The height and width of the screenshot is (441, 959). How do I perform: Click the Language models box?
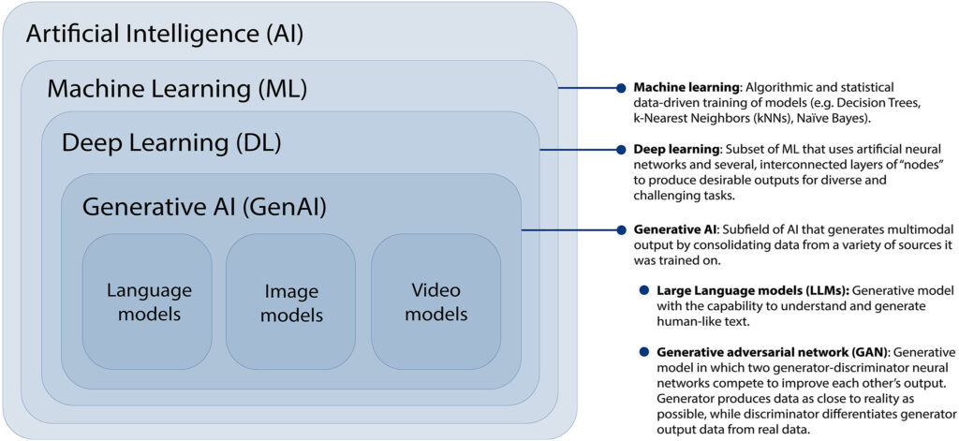[x=149, y=300]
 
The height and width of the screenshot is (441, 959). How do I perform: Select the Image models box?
[x=291, y=301]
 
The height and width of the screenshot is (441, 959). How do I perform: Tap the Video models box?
[x=435, y=300]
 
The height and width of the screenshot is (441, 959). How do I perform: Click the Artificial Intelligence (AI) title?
[x=165, y=35]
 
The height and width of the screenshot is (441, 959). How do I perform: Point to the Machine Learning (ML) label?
[x=177, y=89]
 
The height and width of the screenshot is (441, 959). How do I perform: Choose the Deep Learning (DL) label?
[x=171, y=143]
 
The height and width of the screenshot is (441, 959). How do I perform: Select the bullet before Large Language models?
[x=643, y=291]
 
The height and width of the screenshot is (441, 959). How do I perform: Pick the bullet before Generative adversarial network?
[x=643, y=352]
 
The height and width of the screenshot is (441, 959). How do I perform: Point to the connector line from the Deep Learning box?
[x=579, y=149]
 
